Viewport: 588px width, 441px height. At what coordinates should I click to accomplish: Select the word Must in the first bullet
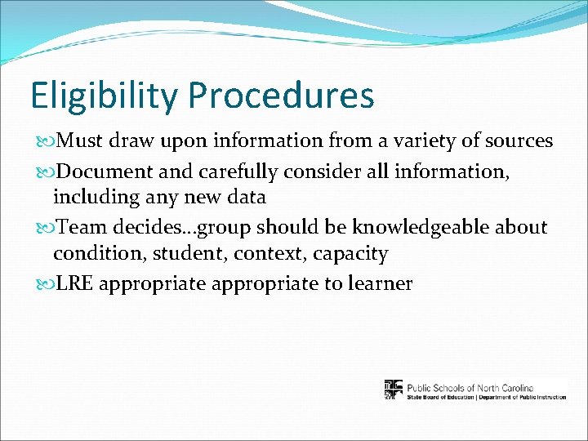pyautogui.click(x=79, y=141)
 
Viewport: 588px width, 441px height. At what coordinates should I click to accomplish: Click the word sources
pyautogui.click(x=516, y=141)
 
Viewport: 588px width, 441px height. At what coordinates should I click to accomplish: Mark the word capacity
pyautogui.click(x=350, y=254)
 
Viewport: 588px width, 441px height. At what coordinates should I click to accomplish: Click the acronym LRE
pyautogui.click(x=74, y=283)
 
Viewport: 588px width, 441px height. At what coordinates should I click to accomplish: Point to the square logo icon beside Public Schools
pyautogui.click(x=394, y=390)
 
